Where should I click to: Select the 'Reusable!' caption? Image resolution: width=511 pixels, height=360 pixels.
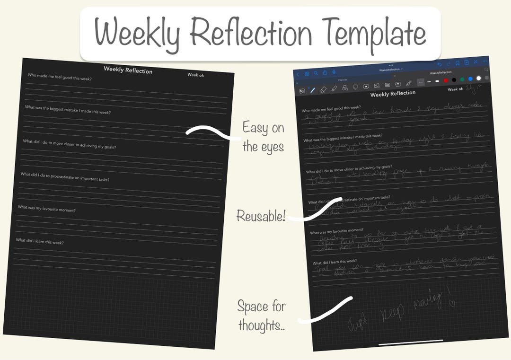click(x=261, y=217)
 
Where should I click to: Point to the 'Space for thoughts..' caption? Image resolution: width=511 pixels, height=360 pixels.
click(x=261, y=315)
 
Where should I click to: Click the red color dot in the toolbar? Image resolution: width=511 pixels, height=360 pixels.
click(x=446, y=80)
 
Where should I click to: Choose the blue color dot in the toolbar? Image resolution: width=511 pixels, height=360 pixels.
click(x=470, y=79)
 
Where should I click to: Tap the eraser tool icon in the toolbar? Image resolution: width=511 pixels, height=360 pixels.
click(x=324, y=89)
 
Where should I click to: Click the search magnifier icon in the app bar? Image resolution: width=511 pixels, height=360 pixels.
click(x=315, y=73)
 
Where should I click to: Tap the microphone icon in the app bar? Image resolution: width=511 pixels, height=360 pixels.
click(x=334, y=72)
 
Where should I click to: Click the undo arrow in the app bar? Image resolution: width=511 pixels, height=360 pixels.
click(x=440, y=64)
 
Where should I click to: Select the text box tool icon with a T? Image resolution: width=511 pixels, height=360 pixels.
click(x=398, y=84)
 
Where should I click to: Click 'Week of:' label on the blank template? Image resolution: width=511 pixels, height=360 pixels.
click(x=196, y=75)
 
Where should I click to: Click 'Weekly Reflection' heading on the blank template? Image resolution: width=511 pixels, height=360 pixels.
click(x=128, y=70)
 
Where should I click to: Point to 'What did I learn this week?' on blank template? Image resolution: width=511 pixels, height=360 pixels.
click(x=40, y=241)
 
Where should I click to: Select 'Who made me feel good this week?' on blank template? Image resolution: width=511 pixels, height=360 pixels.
click(x=60, y=77)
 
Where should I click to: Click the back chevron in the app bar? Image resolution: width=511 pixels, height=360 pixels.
click(x=298, y=74)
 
